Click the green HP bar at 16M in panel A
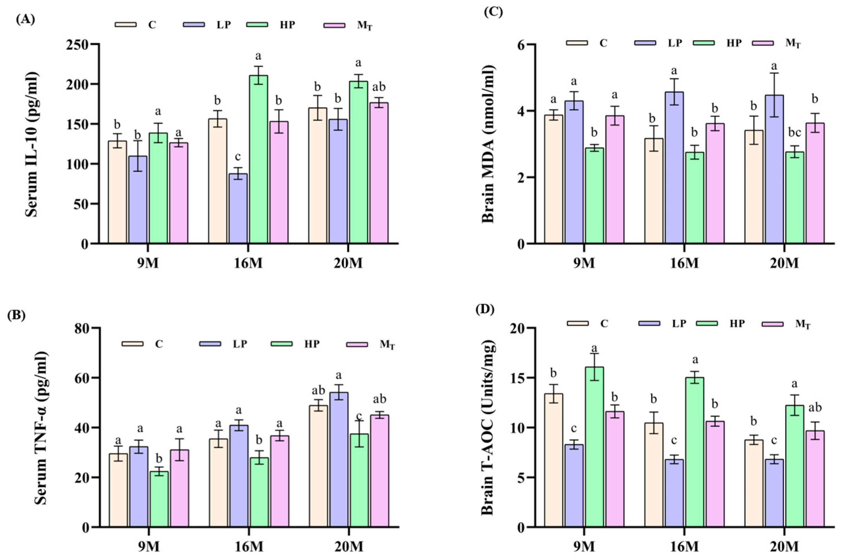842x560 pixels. [259, 159]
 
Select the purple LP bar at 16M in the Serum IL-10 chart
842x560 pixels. [238, 209]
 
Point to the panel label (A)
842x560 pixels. [25, 20]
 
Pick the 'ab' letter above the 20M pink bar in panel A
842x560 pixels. [379, 87]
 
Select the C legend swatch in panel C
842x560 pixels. [577, 43]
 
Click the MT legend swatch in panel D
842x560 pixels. [772, 324]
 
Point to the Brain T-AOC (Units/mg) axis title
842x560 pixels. [487, 428]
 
